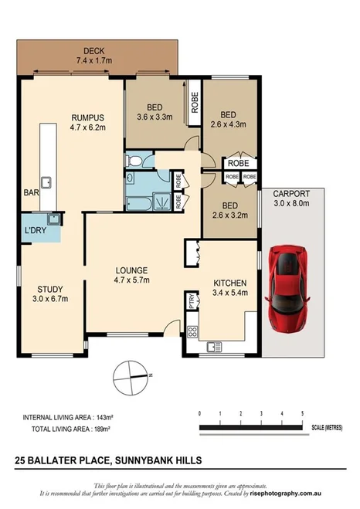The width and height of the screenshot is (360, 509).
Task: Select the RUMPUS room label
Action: (87, 118)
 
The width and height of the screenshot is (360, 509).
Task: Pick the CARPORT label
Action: (291, 193)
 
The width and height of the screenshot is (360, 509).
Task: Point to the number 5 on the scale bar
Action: (302, 414)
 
